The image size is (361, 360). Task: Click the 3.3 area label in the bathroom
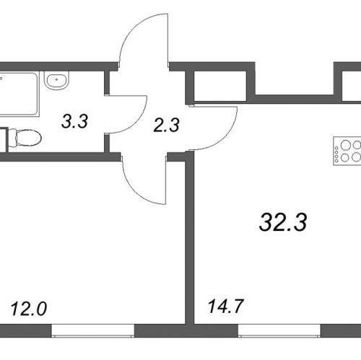click(74, 121)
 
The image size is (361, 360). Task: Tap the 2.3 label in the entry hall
click(166, 126)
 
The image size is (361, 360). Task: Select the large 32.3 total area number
click(283, 222)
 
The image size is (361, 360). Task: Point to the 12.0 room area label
click(29, 309)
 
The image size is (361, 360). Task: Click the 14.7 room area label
click(226, 306)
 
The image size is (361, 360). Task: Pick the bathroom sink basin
click(57, 81)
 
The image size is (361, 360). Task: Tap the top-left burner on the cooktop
click(345, 145)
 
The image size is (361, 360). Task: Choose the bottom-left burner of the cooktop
click(345, 158)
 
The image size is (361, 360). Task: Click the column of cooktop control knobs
click(336, 152)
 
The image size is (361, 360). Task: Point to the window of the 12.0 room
click(93, 330)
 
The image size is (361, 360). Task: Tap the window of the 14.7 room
click(279, 330)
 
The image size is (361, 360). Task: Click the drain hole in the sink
click(57, 78)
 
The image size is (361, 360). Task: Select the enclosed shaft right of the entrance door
click(220, 85)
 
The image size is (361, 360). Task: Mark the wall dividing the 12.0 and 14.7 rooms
click(190, 238)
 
